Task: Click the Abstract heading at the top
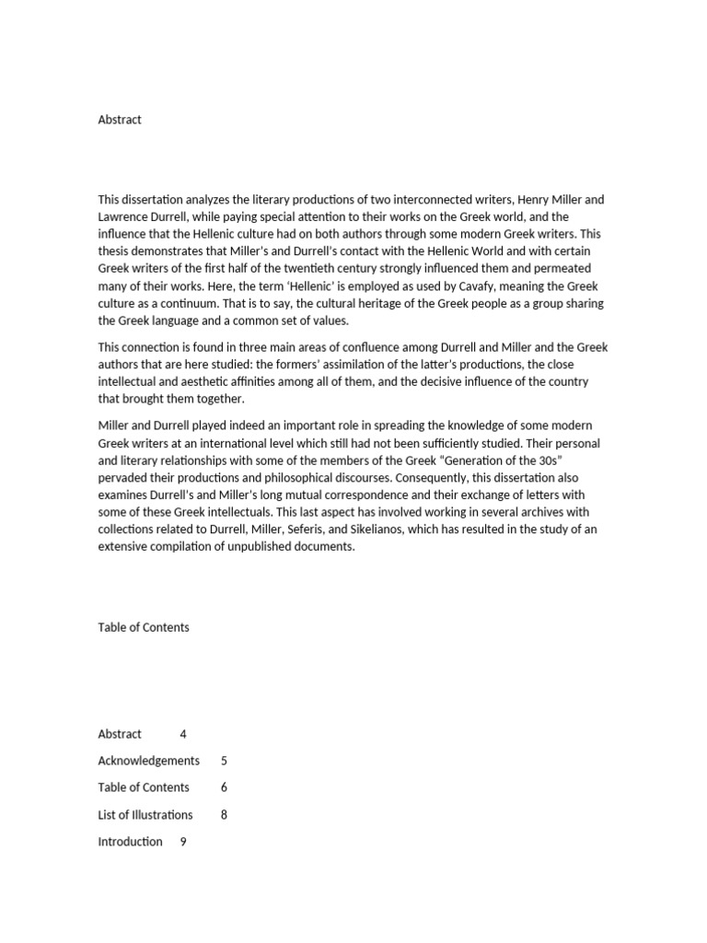120,120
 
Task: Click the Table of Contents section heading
144,627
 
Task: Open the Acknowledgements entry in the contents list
148,761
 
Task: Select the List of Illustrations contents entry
145,815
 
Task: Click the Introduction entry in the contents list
130,842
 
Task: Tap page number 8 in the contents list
225,815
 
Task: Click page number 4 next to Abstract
183,734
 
